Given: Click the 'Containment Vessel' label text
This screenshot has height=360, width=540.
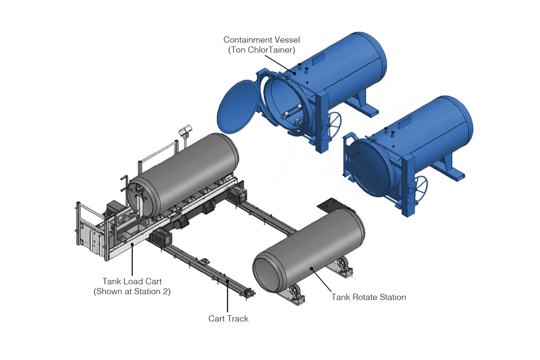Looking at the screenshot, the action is (x=261, y=40).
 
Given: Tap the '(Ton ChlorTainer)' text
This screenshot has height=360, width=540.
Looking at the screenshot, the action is (x=261, y=50).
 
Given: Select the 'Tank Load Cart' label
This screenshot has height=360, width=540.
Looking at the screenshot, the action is (x=132, y=281).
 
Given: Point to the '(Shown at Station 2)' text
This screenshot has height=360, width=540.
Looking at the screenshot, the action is (x=132, y=291).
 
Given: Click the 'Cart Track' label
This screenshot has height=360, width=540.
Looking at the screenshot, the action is (x=228, y=318).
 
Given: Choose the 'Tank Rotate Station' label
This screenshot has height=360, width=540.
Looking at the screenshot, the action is (x=368, y=297).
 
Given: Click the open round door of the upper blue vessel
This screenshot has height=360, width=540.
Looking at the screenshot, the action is (x=238, y=107).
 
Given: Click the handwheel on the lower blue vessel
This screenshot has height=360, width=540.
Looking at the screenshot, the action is (x=417, y=188).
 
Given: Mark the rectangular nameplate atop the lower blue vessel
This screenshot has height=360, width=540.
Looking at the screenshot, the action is (x=404, y=123).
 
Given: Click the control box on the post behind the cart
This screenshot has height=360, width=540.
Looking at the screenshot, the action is (x=185, y=131).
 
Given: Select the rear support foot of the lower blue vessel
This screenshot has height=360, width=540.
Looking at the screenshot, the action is (x=447, y=168).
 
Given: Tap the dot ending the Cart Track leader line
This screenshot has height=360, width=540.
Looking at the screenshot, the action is (x=227, y=281).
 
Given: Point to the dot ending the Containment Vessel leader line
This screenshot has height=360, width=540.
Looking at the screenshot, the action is (x=294, y=73).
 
